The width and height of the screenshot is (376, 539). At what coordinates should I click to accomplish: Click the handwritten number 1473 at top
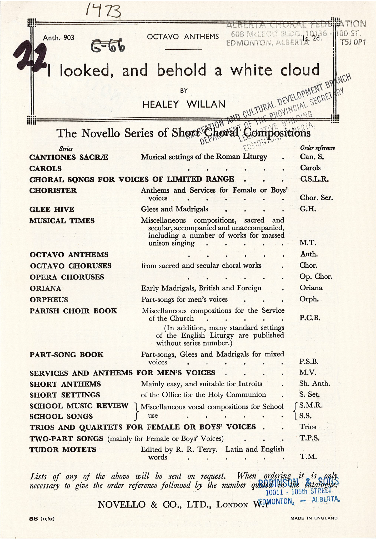(x=103, y=11)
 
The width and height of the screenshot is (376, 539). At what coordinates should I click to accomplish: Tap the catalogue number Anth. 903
(x=59, y=38)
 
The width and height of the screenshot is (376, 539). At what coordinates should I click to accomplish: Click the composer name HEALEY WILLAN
(x=184, y=104)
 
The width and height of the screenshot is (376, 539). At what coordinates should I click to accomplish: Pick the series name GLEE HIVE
(x=52, y=209)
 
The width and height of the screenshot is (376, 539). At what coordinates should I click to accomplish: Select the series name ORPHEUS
(x=49, y=300)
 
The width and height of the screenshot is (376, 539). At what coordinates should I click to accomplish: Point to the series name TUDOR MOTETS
(x=63, y=450)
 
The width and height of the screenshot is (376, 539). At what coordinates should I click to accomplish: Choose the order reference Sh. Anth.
(x=314, y=384)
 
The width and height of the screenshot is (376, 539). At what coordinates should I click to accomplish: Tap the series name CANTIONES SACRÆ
(x=69, y=157)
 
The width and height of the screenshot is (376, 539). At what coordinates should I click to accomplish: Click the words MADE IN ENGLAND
(x=314, y=518)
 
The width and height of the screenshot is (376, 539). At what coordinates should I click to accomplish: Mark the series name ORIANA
(x=46, y=288)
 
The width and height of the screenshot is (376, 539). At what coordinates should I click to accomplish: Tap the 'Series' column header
(x=66, y=149)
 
